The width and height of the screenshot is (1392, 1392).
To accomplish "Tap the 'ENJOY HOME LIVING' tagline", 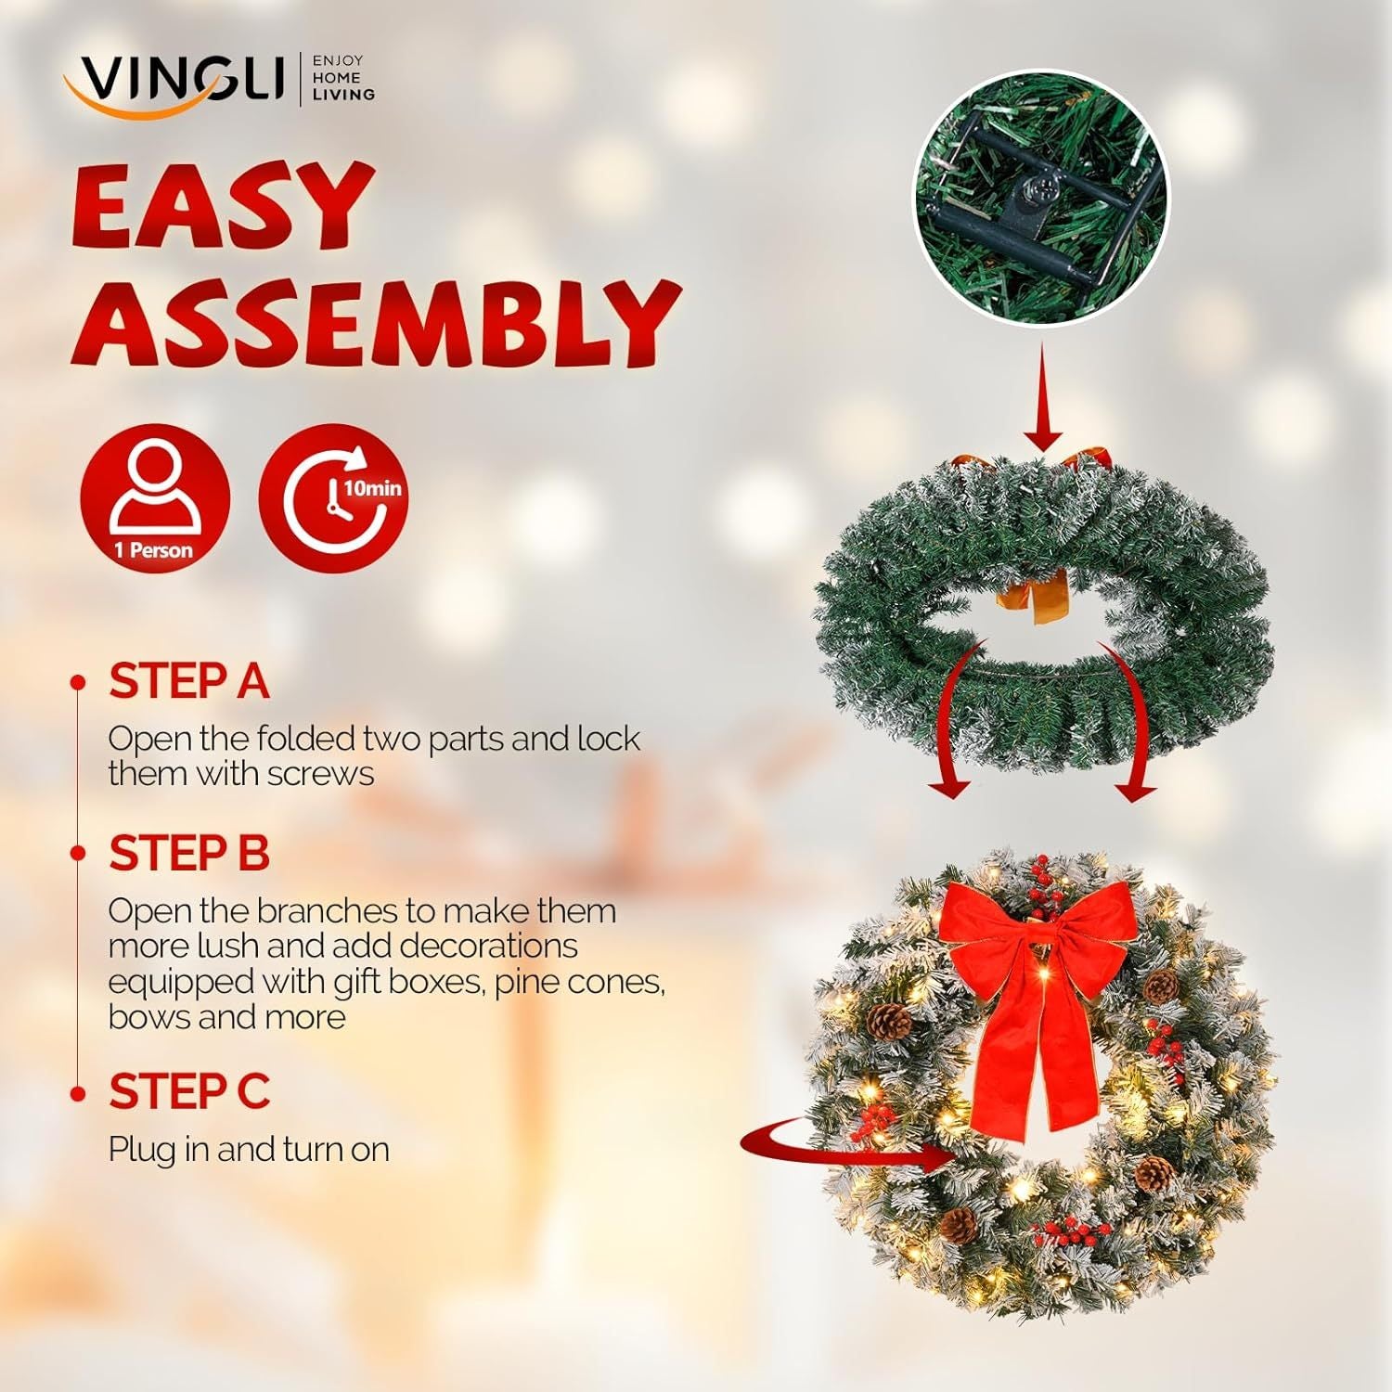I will click(342, 78).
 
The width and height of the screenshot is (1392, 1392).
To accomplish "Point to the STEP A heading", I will click(188, 682).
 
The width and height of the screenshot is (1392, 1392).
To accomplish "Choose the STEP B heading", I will click(188, 854).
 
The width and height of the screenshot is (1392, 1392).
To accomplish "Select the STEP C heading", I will click(188, 1091).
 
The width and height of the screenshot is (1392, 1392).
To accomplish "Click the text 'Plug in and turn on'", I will click(249, 1150).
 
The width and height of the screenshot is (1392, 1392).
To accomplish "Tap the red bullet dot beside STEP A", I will click(78, 683).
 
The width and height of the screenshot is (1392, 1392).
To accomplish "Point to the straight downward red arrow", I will click(1043, 399).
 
